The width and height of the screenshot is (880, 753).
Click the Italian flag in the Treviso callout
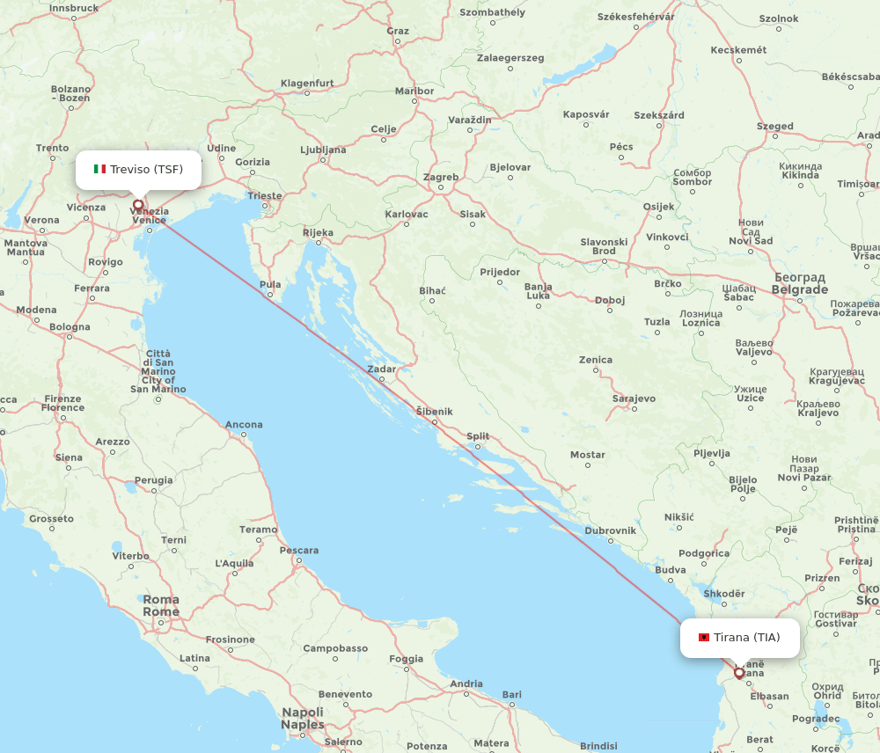tap(99, 169)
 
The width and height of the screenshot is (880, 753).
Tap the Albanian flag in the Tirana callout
tap(704, 637)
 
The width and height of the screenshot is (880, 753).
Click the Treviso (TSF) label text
tap(146, 169)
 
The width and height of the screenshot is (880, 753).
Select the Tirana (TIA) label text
tap(746, 637)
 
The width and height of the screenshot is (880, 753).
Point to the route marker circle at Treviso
tap(138, 205)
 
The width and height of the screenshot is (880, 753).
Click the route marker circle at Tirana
tap(739, 673)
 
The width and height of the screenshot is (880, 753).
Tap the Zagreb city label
tap(441, 177)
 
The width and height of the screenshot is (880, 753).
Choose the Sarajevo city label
tap(634, 398)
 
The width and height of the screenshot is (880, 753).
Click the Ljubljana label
tap(323, 150)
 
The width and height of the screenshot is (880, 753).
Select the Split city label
tap(478, 435)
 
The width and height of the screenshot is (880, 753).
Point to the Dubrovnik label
tap(610, 530)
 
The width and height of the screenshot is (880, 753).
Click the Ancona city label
tap(244, 425)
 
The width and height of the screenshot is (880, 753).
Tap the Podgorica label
tap(704, 553)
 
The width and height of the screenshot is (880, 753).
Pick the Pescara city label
tap(299, 551)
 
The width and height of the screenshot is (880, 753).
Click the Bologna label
tap(70, 327)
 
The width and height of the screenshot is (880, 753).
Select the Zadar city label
tap(382, 369)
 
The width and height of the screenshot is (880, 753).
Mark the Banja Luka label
tap(538, 291)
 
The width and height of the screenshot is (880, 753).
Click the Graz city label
tap(398, 31)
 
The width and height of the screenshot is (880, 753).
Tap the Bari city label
tap(511, 695)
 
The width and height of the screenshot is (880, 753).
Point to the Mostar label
tap(588, 455)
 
